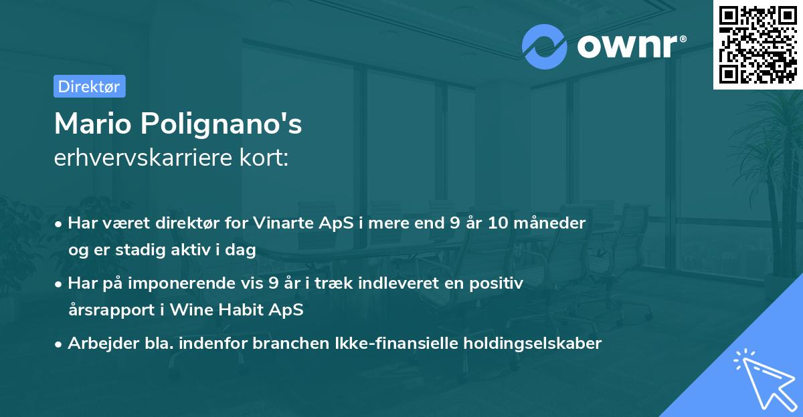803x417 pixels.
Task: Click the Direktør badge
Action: coord(89,86)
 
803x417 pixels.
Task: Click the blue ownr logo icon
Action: coord(545,47)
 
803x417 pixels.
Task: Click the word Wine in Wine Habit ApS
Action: coord(190,310)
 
